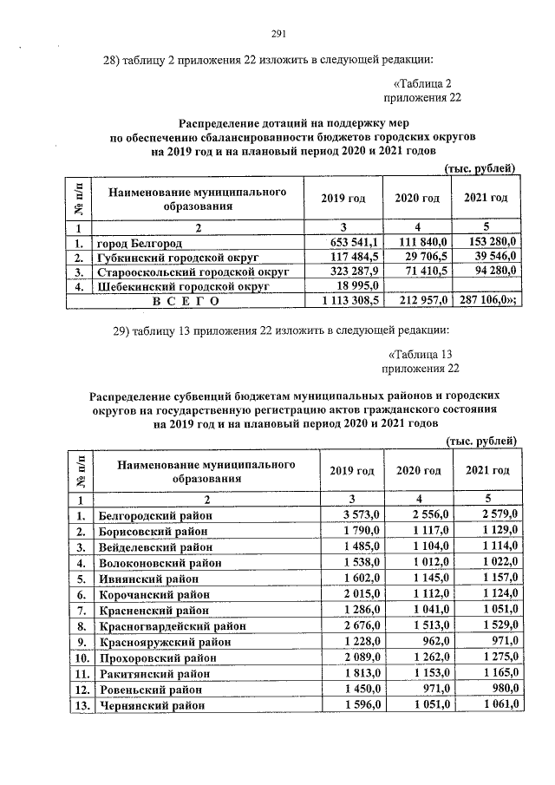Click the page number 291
(277, 34)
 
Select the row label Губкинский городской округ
(179, 258)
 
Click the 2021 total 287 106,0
(486, 302)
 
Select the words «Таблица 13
(421, 355)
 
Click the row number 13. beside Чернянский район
(80, 705)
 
